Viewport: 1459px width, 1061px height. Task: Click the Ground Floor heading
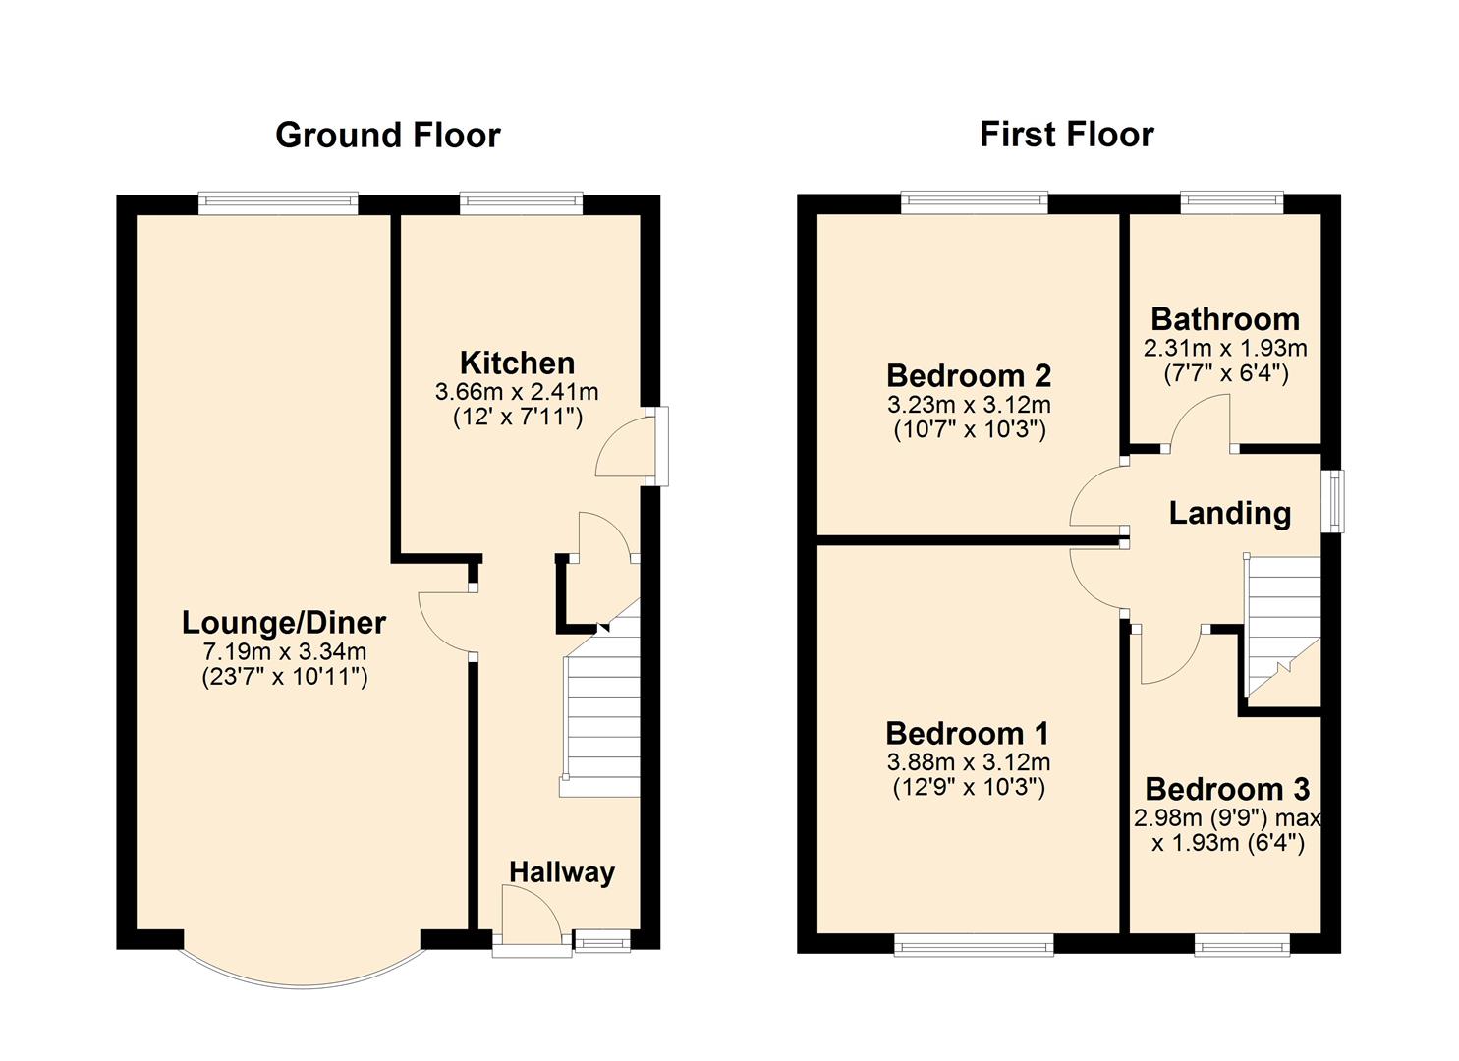(387, 135)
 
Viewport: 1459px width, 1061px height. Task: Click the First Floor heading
(1066, 134)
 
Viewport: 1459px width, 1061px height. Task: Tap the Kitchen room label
(517, 363)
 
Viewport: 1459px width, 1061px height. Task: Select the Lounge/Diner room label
(284, 622)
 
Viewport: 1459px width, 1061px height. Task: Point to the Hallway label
(561, 871)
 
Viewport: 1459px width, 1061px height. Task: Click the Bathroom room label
(1224, 319)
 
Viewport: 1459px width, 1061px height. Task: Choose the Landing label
(1229, 513)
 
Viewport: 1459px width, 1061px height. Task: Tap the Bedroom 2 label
(968, 375)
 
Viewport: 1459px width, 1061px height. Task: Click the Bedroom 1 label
(967, 733)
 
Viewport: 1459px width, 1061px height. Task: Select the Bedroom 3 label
(1227, 789)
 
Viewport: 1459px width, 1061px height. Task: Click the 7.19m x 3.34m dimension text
(284, 651)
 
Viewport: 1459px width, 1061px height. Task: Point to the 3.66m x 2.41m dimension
(517, 392)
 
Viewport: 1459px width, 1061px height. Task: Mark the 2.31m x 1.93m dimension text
(1224, 348)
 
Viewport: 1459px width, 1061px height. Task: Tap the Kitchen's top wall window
(521, 203)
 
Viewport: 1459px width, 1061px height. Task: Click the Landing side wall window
(1333, 501)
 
